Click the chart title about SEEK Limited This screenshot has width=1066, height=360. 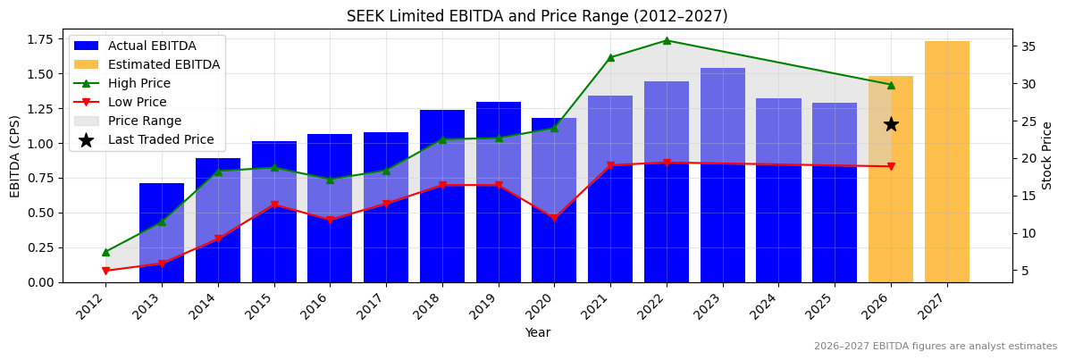[x=537, y=17]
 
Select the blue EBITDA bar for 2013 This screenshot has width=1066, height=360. [x=162, y=232]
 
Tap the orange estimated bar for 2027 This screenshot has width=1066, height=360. [x=946, y=161]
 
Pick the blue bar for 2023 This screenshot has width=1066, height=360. [x=722, y=174]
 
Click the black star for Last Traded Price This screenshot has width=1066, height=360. [x=891, y=124]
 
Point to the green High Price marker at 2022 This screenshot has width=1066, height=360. [x=666, y=40]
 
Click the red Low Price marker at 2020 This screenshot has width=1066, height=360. [x=554, y=218]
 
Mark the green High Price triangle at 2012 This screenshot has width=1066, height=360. [x=105, y=252]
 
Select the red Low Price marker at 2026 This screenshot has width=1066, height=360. [x=891, y=167]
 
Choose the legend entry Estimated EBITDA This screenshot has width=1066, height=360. [x=164, y=64]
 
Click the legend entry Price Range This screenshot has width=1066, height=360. [x=144, y=121]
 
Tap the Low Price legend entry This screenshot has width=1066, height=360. [x=138, y=102]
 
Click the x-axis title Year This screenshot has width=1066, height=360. [x=537, y=332]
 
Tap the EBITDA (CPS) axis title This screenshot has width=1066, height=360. [x=15, y=155]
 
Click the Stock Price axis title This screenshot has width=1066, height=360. [x=1047, y=155]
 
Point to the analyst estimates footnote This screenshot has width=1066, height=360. [x=935, y=347]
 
